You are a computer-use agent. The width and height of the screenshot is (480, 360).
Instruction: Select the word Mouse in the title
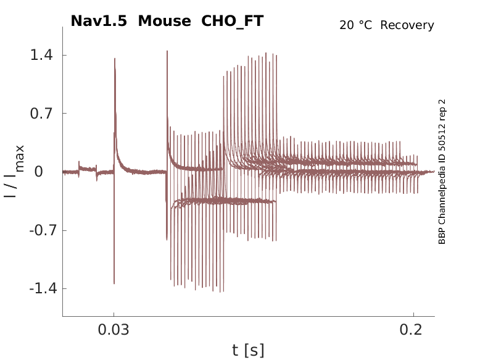pyautogui.click(x=165, y=21)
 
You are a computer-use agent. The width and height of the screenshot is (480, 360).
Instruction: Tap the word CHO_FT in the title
pyautogui.click(x=233, y=21)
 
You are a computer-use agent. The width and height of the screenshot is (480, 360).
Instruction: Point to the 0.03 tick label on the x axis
pyautogui.click(x=114, y=330)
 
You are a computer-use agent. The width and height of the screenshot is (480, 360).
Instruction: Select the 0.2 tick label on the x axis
pyautogui.click(x=413, y=330)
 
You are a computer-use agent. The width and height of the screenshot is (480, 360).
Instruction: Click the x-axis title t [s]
pyautogui.click(x=248, y=350)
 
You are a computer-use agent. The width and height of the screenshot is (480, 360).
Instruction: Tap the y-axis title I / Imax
pyautogui.click(x=14, y=172)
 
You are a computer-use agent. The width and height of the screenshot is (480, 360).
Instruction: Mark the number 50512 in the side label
pyautogui.click(x=442, y=135)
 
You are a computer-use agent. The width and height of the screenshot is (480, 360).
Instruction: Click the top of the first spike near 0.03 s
pyautogui.click(x=115, y=59)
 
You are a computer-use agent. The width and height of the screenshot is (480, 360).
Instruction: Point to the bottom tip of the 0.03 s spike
pyautogui.click(x=114, y=283)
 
